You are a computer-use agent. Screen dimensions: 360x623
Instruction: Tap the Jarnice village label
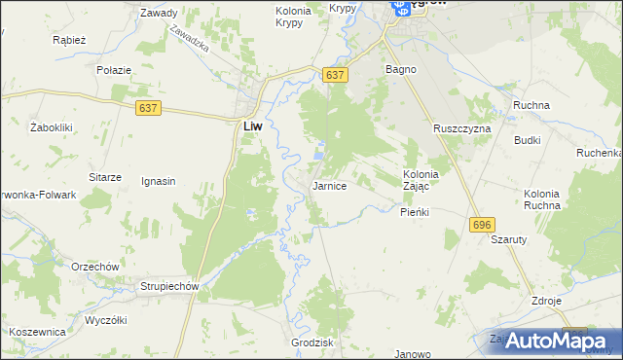pyautogui.click(x=329, y=185)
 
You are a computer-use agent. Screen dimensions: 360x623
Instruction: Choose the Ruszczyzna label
pyautogui.click(x=462, y=128)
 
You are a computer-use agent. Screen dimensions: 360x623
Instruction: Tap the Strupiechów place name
pyautogui.click(x=169, y=286)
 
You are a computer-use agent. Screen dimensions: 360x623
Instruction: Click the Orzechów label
pyautogui.click(x=94, y=267)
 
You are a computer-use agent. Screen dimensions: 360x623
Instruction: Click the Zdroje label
pyautogui.click(x=547, y=301)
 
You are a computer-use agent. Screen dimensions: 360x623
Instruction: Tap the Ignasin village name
pyautogui.click(x=158, y=181)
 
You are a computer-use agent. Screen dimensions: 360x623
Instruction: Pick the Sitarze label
pyautogui.click(x=105, y=177)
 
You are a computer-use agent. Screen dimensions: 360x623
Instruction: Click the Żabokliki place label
pyautogui.click(x=53, y=127)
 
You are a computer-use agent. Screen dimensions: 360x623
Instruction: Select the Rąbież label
pyautogui.click(x=72, y=41)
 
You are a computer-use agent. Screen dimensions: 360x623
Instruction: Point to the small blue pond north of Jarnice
pyautogui.click(x=320, y=154)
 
